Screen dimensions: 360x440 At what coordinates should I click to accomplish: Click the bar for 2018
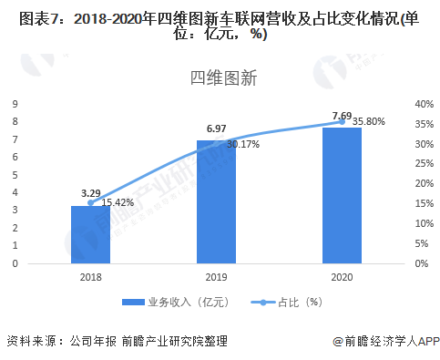90,234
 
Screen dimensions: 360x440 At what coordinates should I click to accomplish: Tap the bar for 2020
342,195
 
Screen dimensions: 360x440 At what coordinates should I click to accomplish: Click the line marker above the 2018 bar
90,202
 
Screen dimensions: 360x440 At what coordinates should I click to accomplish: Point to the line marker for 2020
342,120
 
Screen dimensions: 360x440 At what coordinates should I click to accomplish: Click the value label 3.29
90,193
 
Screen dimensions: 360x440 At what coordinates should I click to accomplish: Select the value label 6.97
216,129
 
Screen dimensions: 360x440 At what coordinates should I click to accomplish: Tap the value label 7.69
342,116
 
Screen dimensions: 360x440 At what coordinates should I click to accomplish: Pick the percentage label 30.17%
243,144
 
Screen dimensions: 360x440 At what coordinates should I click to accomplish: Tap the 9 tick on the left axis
15,104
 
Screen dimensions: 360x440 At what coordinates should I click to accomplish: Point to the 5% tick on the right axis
419,243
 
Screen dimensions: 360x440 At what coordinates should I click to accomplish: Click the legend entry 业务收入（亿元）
181,302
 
